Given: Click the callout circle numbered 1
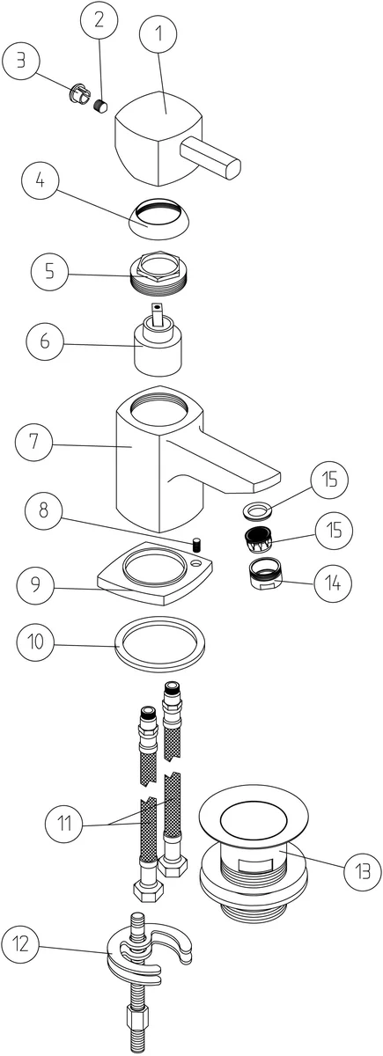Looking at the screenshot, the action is [x=158, y=34].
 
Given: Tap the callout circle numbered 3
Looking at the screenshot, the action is [x=21, y=62].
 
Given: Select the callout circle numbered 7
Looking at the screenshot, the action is [x=33, y=442].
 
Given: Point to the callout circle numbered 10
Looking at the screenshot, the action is [x=35, y=642].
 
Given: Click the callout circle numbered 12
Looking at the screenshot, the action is [x=20, y=943].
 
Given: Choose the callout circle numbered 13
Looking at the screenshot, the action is [x=362, y=872].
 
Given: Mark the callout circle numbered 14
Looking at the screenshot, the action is [x=333, y=583].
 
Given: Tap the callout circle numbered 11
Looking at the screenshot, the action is [x=64, y=824].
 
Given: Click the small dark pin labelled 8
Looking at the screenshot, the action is [x=195, y=545].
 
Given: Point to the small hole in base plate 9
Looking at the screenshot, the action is [x=196, y=563].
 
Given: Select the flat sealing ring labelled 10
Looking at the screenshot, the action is [x=160, y=643].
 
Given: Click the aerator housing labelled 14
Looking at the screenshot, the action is [x=265, y=573].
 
